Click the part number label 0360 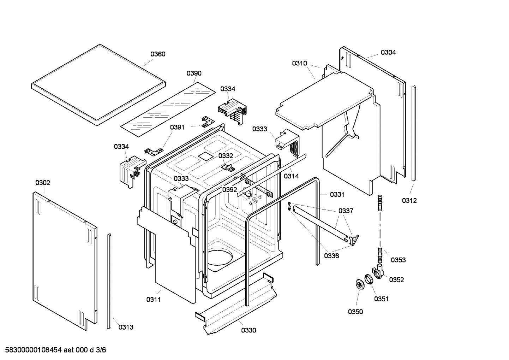158,54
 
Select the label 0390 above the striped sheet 194,73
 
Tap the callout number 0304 388,52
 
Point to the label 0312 409,201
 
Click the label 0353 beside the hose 398,260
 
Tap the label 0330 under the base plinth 248,330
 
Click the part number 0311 154,300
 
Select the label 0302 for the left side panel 43,183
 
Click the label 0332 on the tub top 226,156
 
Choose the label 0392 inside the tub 230,190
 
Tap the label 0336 331,256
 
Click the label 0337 346,211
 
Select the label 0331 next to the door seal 337,194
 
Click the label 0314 291,176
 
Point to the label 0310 299,63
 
